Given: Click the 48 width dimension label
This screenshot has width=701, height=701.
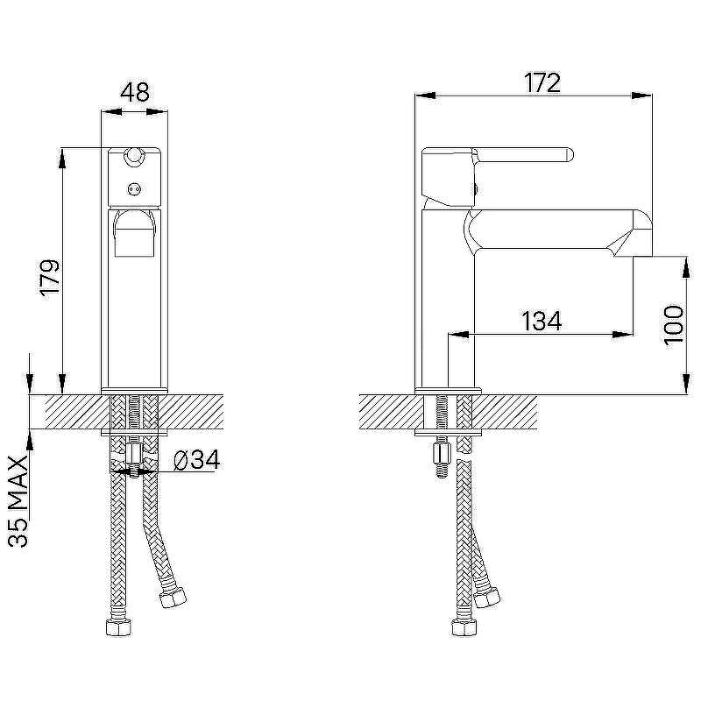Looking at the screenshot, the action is [x=135, y=93].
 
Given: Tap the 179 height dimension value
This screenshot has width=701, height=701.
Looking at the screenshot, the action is [x=50, y=277].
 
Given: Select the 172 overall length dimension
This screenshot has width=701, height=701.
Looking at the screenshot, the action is [x=542, y=82].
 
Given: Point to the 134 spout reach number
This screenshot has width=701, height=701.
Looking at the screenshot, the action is [x=542, y=321].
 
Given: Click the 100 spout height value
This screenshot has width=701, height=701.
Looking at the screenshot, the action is [x=674, y=325].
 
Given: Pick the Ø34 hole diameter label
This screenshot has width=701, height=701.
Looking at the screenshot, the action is [x=196, y=459].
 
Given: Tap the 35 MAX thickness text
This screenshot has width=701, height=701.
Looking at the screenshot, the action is [x=18, y=501].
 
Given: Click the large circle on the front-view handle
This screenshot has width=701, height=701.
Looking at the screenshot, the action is [x=133, y=156].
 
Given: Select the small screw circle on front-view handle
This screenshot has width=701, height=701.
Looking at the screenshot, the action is [x=134, y=189].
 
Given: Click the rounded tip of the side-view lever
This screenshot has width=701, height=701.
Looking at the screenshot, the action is [x=569, y=154].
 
